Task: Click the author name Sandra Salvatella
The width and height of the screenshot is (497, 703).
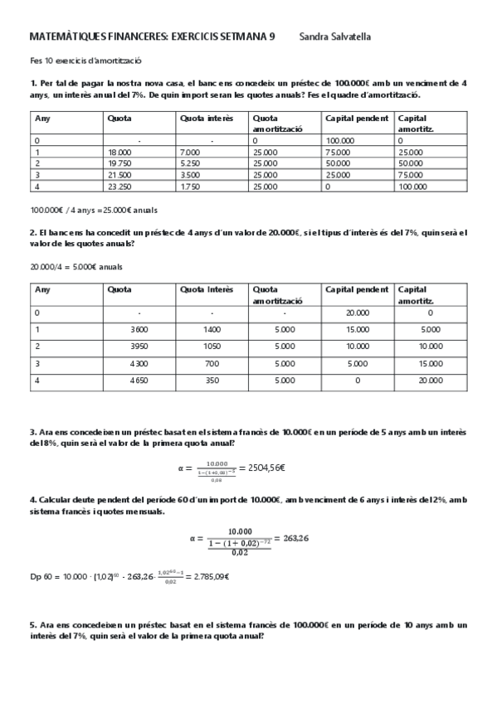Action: [x=336, y=36]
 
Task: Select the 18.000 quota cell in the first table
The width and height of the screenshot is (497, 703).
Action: [x=119, y=153]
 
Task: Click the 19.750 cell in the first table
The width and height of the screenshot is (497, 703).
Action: [x=119, y=164]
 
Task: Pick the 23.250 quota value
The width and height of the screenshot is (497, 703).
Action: [x=119, y=187]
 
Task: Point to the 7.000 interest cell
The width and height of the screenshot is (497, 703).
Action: [x=190, y=153]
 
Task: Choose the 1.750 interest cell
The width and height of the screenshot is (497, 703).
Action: [x=190, y=187]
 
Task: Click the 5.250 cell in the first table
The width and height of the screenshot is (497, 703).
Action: [x=190, y=164]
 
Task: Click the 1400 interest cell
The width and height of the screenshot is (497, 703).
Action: [x=212, y=329]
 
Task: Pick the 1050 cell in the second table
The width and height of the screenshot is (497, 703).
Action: [x=212, y=346]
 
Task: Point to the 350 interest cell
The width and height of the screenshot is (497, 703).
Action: [x=212, y=381]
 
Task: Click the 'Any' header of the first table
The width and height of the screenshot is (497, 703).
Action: [x=41, y=118]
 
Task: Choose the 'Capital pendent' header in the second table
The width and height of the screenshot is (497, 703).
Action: [x=357, y=289]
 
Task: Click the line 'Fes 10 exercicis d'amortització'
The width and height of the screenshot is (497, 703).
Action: [x=85, y=61]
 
